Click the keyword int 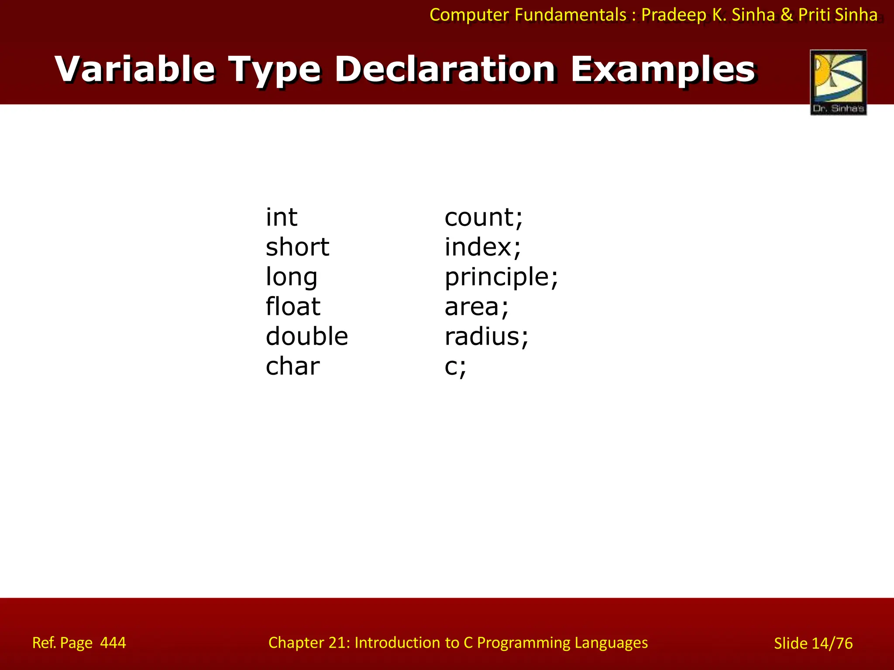(282, 217)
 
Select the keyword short (297, 247)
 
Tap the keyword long (291, 277)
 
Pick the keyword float (293, 306)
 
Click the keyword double (307, 336)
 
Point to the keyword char (292, 366)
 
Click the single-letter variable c (451, 366)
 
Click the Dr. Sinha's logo (838, 82)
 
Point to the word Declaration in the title (445, 69)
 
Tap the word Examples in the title (663, 69)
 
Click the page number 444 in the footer (113, 643)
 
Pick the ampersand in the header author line (787, 15)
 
